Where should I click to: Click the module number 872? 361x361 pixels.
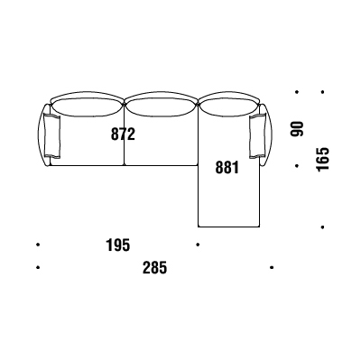click(123, 134)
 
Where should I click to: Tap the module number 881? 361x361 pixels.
click(227, 168)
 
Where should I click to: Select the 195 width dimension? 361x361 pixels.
click(118, 245)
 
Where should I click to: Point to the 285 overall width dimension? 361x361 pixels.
click(154, 267)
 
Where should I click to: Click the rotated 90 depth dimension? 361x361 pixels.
click(298, 129)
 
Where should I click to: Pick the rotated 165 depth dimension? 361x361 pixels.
click(323, 159)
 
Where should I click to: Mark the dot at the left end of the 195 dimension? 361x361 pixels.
click(38, 245)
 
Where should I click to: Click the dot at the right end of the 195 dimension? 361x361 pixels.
click(198, 245)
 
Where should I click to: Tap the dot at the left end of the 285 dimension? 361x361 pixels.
click(38, 267)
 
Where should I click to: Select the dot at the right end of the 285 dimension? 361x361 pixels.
click(272, 267)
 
